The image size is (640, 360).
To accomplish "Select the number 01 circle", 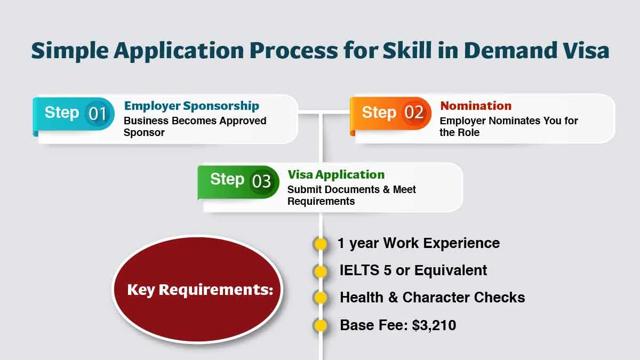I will click(x=98, y=114).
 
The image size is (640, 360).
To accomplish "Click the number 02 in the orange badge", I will click(x=414, y=113).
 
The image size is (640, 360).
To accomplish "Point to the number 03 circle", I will click(x=262, y=181).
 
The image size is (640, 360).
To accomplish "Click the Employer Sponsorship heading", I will click(x=191, y=106).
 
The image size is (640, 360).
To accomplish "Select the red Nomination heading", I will click(x=476, y=106).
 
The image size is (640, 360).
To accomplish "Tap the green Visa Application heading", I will click(x=336, y=174).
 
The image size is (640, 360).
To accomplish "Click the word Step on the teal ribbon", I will click(x=62, y=113).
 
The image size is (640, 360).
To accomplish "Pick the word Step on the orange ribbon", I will click(x=379, y=113).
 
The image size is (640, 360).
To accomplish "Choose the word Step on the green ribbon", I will click(x=227, y=179).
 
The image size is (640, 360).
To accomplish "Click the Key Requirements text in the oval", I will click(x=200, y=290).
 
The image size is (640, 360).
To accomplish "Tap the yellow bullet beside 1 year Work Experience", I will click(x=321, y=244).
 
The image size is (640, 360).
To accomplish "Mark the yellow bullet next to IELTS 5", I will click(x=321, y=271).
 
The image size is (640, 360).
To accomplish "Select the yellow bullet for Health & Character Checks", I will click(x=321, y=298).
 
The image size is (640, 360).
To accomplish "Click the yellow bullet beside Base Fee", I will click(x=321, y=325).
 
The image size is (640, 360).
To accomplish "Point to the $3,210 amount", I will click(x=434, y=325).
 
